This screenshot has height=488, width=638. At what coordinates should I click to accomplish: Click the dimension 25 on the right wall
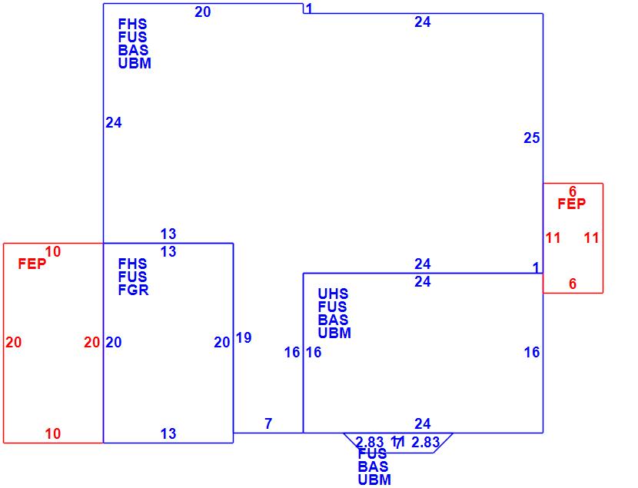532,138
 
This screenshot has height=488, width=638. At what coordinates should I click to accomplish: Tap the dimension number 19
244,337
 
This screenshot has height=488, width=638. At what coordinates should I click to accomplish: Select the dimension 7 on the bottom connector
268,423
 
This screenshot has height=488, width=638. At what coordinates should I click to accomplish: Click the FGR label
133,290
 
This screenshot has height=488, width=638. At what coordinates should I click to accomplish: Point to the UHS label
333,294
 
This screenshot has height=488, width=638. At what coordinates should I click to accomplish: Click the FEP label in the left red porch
32,264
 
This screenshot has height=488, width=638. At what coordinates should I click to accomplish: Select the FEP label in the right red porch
571,204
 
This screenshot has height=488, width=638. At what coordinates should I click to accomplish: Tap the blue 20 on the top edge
203,12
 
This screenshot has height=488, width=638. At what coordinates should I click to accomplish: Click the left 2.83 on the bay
370,442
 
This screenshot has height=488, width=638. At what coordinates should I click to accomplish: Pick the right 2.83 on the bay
426,442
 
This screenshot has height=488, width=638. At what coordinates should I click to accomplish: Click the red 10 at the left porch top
53,251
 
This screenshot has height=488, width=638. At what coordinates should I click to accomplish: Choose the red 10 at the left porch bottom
52,434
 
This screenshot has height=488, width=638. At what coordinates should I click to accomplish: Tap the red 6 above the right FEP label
573,191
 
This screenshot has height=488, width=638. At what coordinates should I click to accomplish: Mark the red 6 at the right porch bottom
573,284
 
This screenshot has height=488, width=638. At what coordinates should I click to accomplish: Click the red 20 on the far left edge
13,343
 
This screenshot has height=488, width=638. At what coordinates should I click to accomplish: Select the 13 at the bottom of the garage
168,434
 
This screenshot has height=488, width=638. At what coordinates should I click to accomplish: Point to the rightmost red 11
591,238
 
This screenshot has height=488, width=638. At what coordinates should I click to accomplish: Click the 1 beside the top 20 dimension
308,8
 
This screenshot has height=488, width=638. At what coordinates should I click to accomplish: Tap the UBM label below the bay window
374,480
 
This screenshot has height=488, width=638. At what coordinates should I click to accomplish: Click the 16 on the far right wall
532,353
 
